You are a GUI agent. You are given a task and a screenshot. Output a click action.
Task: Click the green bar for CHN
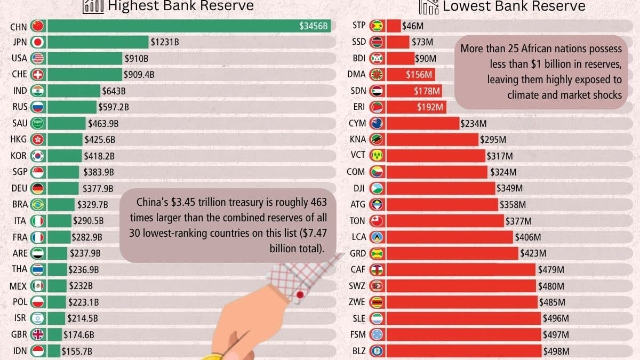[189, 26]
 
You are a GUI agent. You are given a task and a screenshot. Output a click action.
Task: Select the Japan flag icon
[37, 42]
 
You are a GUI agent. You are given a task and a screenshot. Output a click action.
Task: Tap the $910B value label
[137, 59]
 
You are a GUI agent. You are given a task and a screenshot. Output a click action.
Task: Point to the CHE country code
[19, 74]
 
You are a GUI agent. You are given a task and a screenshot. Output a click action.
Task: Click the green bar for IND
[74, 91]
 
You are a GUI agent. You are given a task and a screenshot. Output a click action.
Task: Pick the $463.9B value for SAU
[103, 123]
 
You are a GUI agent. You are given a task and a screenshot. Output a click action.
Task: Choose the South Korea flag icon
[37, 156]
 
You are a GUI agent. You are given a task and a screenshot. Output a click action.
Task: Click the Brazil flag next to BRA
[37, 205]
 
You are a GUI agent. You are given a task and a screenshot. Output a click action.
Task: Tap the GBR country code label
[19, 334]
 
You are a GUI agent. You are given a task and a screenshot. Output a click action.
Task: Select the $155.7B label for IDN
[77, 351]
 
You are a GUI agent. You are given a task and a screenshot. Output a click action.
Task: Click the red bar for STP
[394, 26]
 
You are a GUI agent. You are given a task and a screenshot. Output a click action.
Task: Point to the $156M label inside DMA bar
[419, 75]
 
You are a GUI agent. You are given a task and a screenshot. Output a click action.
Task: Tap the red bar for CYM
[422, 123]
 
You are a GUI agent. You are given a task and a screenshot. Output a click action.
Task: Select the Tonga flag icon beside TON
[377, 221]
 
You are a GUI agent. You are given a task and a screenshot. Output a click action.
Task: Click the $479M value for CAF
[551, 270]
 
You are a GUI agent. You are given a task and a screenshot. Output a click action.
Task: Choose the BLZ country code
[359, 351]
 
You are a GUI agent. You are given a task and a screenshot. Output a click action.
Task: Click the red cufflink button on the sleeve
[300, 294]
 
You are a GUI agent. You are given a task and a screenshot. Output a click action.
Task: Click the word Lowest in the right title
[466, 6]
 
